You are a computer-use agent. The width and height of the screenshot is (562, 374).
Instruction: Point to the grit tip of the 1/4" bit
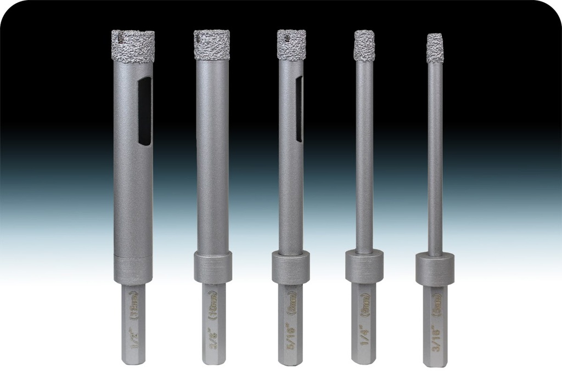pyautogui.click(x=364, y=45)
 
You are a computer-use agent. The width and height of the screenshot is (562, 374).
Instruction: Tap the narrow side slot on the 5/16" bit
pyautogui.click(x=299, y=109)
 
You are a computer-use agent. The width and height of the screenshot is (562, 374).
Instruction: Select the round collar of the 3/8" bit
pyautogui.click(x=212, y=267)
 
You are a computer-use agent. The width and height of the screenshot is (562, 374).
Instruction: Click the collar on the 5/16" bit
pyautogui.click(x=291, y=268)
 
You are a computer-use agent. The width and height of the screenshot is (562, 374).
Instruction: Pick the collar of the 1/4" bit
pyautogui.click(x=364, y=265)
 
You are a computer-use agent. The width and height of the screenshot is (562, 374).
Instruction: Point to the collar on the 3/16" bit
pyautogui.click(x=435, y=269)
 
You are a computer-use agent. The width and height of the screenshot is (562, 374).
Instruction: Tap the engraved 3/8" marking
pyautogui.click(x=213, y=343)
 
